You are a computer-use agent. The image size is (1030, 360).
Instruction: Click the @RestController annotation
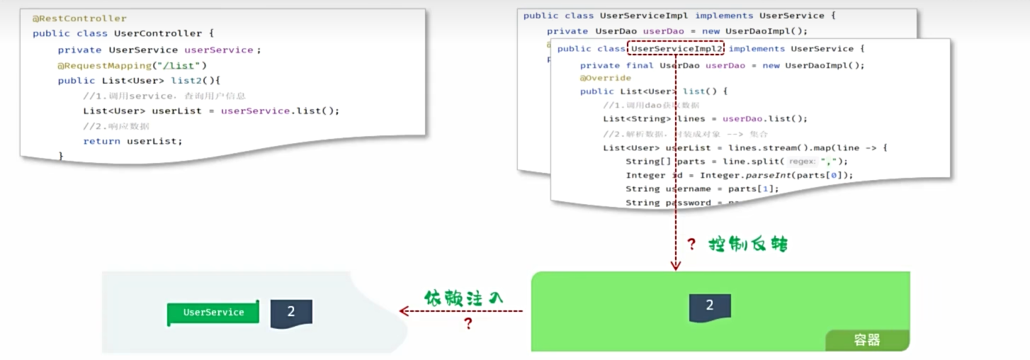click(x=79, y=18)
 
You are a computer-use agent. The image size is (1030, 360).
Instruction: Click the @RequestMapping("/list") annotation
click(x=132, y=65)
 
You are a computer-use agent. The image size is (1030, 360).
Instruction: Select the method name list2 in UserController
click(x=186, y=81)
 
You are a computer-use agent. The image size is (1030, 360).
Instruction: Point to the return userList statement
click(x=132, y=141)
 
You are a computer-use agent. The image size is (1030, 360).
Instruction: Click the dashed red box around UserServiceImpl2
click(x=676, y=48)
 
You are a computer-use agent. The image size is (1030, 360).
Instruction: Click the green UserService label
click(x=213, y=313)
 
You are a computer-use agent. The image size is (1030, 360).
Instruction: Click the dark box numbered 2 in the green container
click(x=710, y=306)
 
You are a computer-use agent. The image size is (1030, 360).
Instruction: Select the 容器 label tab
click(x=867, y=340)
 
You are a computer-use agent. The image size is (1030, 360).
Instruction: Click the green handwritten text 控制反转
click(x=748, y=245)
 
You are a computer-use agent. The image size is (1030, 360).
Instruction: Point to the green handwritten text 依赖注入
click(x=463, y=298)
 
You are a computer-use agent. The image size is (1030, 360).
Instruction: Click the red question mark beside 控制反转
click(x=691, y=245)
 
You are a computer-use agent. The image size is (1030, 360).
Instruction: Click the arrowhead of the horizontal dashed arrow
click(x=404, y=311)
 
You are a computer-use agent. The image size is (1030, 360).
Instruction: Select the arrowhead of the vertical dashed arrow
click(x=676, y=266)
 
